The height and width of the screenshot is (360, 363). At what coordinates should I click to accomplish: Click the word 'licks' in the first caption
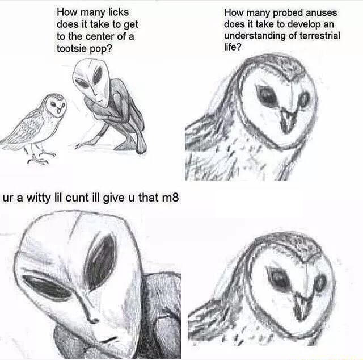pyautogui.click(x=119, y=12)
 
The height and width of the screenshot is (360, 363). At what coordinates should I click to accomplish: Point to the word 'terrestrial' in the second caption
pyautogui.click(x=320, y=36)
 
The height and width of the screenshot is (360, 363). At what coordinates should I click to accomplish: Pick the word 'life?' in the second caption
pyautogui.click(x=233, y=47)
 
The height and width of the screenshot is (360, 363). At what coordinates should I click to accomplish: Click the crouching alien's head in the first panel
pyautogui.click(x=92, y=81)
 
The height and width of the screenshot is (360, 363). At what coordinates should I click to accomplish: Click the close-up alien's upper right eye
pyautogui.click(x=101, y=260)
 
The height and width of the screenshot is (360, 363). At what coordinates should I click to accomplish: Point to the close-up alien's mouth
pyautogui.click(x=107, y=340)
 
